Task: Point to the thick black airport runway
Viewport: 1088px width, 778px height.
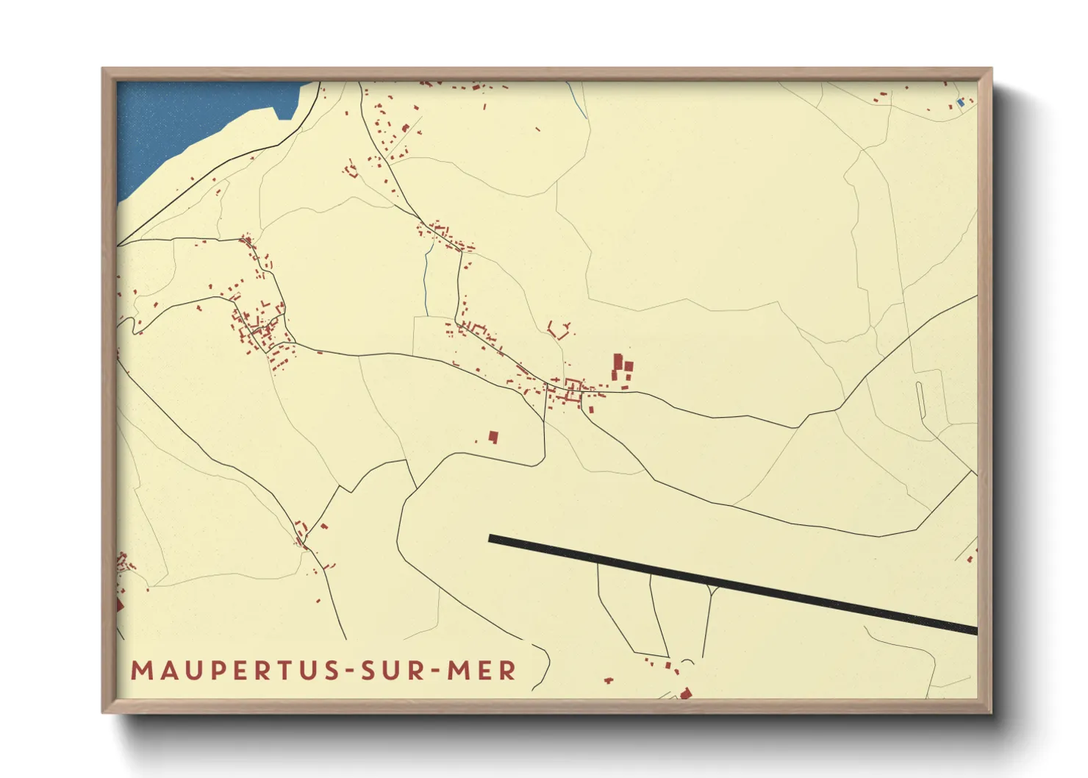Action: click(x=735, y=585)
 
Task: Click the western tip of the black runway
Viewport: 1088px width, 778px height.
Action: click(x=491, y=539)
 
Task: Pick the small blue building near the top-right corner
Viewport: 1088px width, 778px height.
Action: click(x=959, y=103)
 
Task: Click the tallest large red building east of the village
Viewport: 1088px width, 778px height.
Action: click(x=618, y=365)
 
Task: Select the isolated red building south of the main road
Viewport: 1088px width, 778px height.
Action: click(x=493, y=437)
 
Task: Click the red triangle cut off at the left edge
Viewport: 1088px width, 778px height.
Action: click(x=119, y=605)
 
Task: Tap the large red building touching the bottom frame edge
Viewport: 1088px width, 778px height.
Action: click(x=686, y=693)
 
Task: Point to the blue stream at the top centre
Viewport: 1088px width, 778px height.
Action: click(x=579, y=101)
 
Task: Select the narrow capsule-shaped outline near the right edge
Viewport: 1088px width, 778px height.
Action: click(x=921, y=402)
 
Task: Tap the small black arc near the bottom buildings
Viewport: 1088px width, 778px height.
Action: click(x=687, y=662)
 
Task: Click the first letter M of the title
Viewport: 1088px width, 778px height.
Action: click(x=140, y=671)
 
